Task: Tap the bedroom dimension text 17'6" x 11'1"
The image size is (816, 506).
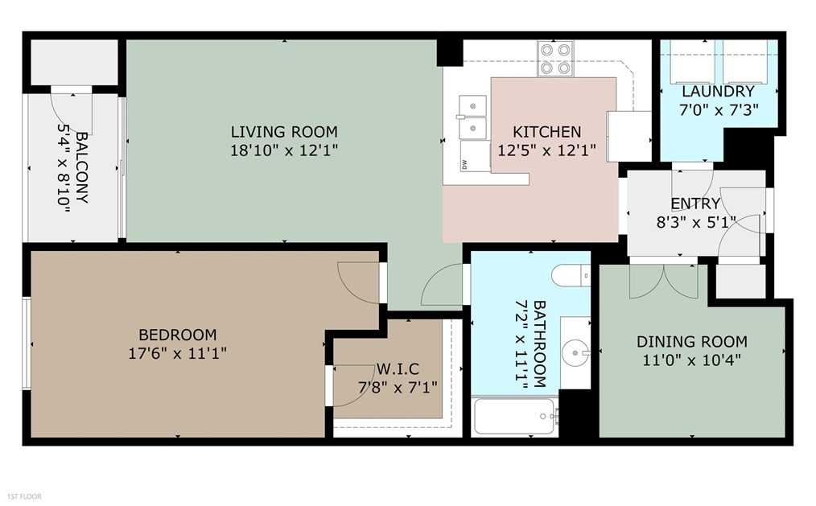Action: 177,352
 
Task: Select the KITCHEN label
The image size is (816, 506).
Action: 547,132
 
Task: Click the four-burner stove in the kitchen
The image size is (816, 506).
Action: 555,59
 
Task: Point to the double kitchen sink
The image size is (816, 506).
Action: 472,117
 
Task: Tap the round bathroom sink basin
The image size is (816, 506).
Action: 576,351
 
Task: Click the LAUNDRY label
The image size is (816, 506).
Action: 718,91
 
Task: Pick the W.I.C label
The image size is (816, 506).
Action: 398,369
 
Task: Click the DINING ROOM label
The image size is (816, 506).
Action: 692,341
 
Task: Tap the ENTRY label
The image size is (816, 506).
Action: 695,204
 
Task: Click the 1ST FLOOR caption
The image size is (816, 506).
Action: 24,497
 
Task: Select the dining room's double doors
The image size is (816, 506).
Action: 664,280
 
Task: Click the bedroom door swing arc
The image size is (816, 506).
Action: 359,282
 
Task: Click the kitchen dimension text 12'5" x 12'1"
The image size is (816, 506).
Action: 547,150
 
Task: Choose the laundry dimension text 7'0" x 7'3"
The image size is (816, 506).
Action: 718,109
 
